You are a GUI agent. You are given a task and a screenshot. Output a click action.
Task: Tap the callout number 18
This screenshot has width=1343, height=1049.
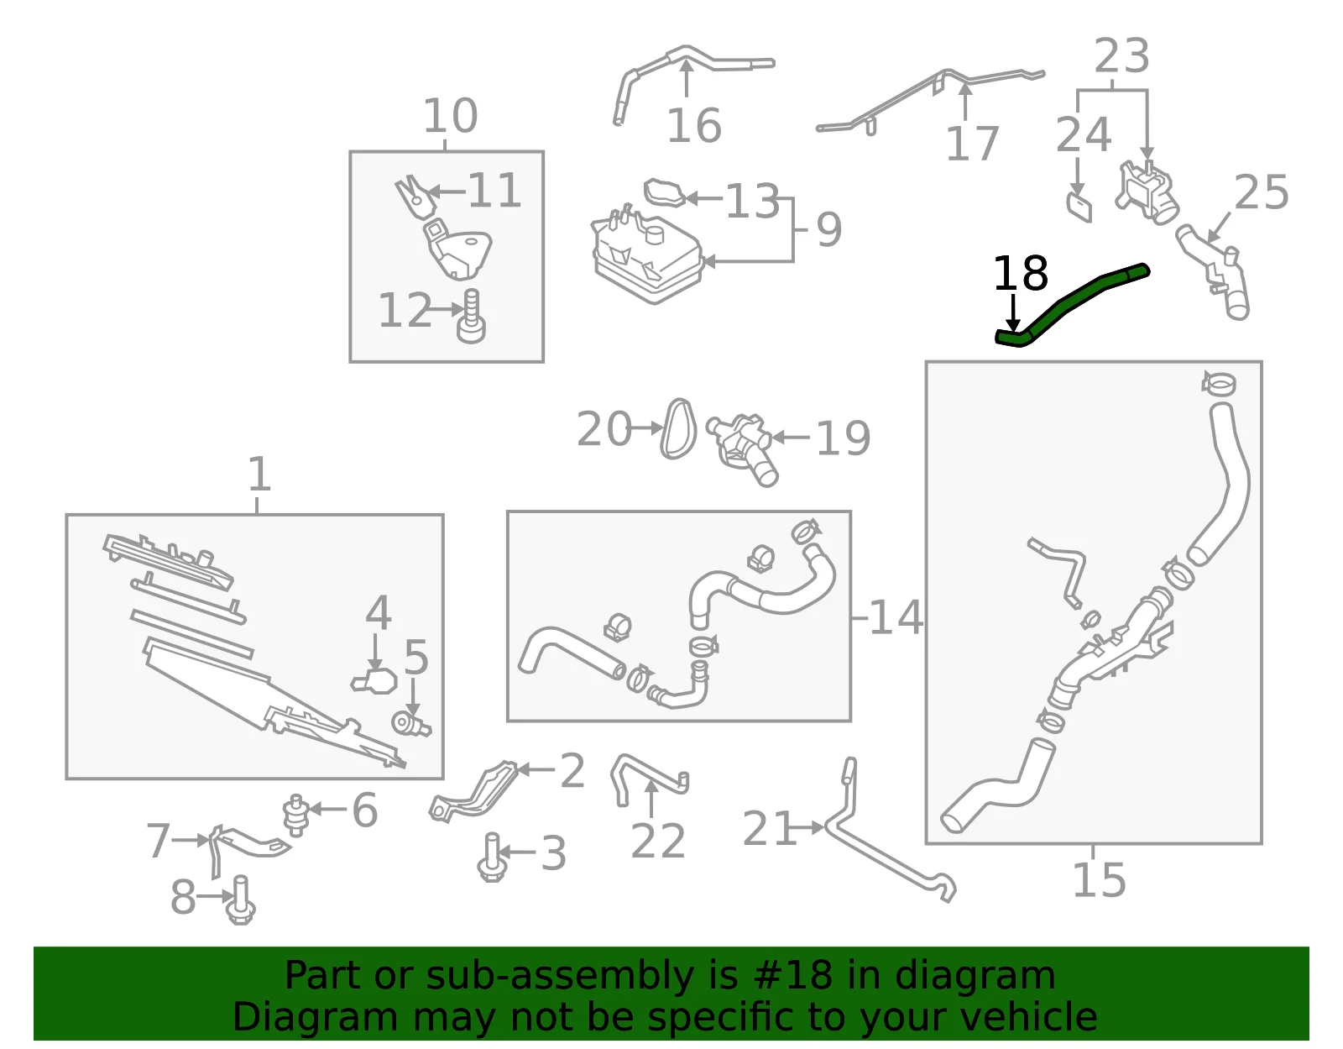pyautogui.click(x=1021, y=273)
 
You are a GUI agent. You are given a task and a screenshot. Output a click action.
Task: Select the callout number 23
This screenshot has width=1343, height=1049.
pyautogui.click(x=1121, y=55)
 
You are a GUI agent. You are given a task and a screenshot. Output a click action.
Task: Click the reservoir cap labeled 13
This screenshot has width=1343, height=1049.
pyautogui.click(x=665, y=192)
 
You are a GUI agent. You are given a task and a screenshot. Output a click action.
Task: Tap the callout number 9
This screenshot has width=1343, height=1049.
pyautogui.click(x=828, y=229)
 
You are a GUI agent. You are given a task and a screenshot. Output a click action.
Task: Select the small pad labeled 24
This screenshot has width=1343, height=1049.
pyautogui.click(x=1079, y=207)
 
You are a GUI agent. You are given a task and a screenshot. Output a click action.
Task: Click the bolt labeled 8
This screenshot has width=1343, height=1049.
pyautogui.click(x=241, y=900)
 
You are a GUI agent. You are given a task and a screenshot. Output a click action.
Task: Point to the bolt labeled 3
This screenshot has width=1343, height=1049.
pyautogui.click(x=492, y=858)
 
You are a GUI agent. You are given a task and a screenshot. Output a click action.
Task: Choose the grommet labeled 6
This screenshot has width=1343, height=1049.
pyautogui.click(x=296, y=815)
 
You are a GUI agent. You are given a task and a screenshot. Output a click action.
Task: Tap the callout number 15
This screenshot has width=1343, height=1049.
pyautogui.click(x=1100, y=879)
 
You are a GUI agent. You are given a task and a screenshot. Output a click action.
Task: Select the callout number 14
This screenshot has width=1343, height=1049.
pyautogui.click(x=896, y=617)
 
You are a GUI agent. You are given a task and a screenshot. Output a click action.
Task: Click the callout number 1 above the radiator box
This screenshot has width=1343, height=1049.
pyautogui.click(x=259, y=474)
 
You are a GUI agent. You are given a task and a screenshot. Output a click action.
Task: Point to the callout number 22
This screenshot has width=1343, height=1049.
pyautogui.click(x=658, y=841)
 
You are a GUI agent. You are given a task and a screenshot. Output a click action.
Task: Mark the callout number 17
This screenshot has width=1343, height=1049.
pyautogui.click(x=972, y=144)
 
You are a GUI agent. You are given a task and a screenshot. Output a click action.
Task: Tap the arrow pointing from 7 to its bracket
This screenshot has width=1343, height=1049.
pyautogui.click(x=191, y=840)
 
